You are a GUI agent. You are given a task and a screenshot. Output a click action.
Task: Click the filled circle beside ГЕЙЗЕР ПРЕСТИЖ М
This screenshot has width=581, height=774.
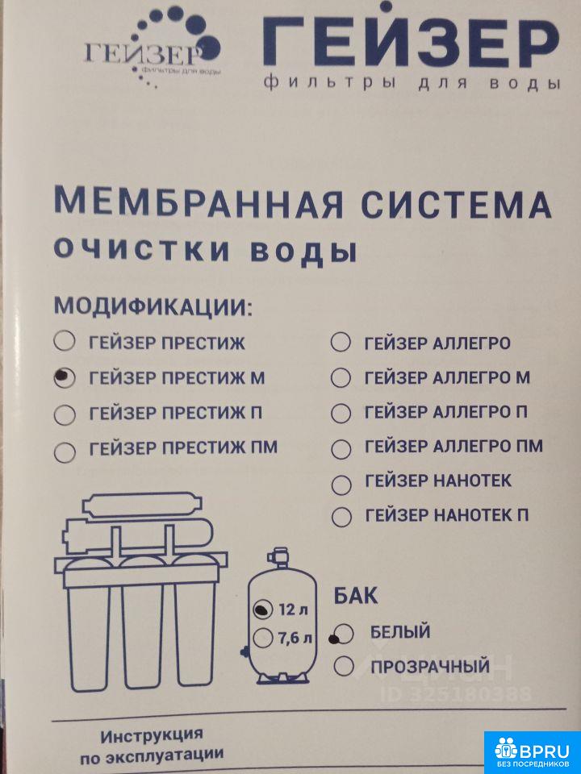(x=65, y=378)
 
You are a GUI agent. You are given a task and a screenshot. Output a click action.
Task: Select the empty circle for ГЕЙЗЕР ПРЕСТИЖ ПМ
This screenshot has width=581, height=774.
(x=65, y=451)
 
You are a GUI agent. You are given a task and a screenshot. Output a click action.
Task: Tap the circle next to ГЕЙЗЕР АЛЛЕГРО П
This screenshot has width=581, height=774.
(x=341, y=414)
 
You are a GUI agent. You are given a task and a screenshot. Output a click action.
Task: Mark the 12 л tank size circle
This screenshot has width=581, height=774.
(x=263, y=610)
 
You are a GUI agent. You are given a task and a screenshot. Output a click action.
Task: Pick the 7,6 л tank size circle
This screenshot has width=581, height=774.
(x=263, y=638)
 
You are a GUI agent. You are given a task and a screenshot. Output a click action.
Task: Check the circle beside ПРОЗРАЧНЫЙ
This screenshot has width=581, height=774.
(x=344, y=666)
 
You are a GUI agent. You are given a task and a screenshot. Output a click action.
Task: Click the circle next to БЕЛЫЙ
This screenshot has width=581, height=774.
(x=342, y=635)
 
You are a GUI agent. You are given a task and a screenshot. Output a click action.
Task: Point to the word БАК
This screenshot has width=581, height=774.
(x=355, y=596)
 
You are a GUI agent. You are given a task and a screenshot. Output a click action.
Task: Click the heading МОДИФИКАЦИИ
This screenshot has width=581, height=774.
(x=153, y=307)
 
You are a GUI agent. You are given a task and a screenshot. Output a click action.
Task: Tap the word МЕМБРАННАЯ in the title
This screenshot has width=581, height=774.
(x=198, y=203)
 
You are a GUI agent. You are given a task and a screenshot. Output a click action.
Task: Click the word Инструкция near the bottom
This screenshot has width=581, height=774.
(x=152, y=735)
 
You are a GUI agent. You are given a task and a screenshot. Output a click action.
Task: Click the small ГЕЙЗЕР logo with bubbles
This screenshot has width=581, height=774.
(x=153, y=47)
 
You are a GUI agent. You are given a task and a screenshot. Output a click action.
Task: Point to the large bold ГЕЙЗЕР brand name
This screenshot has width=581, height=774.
(x=411, y=41)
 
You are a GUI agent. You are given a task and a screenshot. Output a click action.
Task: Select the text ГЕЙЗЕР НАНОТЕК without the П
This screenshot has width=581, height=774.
(x=437, y=481)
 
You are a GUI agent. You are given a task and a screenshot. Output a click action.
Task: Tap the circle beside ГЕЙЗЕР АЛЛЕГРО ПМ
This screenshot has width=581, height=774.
(x=341, y=449)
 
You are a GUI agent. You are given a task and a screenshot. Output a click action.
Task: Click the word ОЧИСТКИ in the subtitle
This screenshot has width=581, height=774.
(x=142, y=250)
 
